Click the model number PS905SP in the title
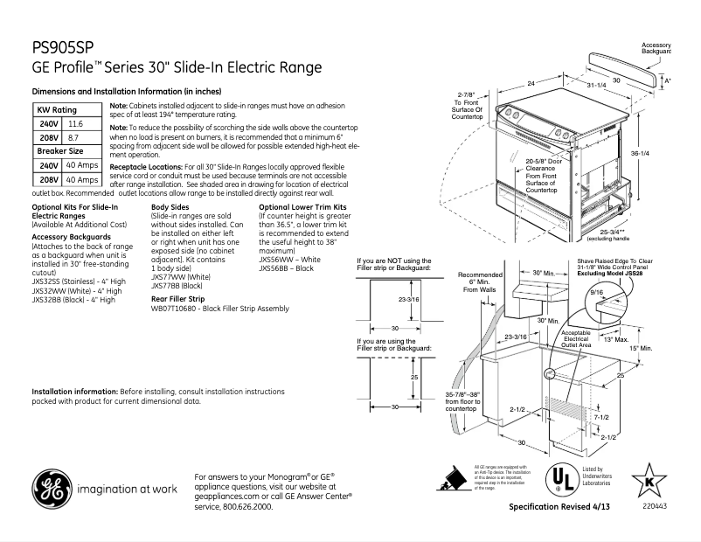tap(63, 48)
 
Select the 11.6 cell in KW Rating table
tap(75, 125)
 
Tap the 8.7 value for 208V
tap(73, 138)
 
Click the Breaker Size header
tap(59, 151)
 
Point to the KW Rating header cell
tap(57, 110)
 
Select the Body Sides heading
tap(170, 206)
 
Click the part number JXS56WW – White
tap(289, 260)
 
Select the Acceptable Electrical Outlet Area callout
tap(576, 339)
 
